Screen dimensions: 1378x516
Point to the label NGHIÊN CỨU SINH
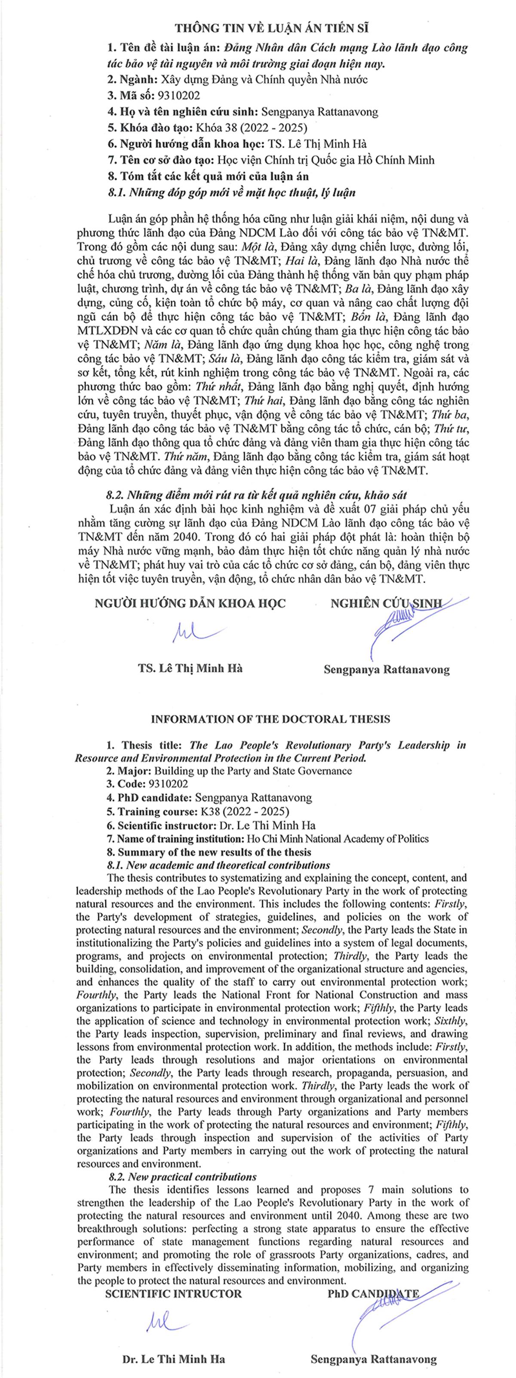[x=386, y=603]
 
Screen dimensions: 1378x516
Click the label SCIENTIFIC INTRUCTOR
[x=173, y=1294]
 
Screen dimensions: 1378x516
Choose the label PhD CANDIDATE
[x=373, y=1294]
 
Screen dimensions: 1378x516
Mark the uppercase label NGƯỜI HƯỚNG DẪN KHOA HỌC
[x=190, y=603]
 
